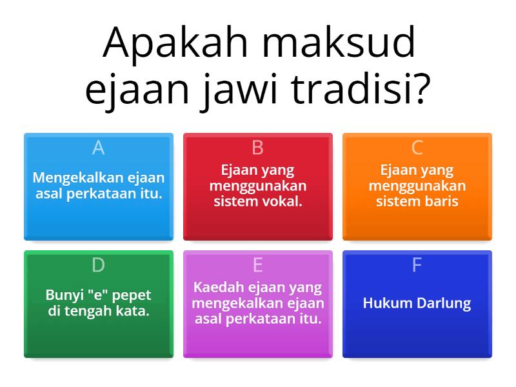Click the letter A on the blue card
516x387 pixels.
pyautogui.click(x=98, y=148)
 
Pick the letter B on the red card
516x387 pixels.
pyautogui.click(x=257, y=148)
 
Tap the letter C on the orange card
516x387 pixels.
pyautogui.click(x=417, y=148)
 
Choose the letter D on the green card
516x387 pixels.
pyautogui.click(x=98, y=265)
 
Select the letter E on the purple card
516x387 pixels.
pyautogui.click(x=257, y=265)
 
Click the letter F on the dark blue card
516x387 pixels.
pyautogui.click(x=417, y=265)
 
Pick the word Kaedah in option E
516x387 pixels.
pyautogui.click(x=216, y=288)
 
